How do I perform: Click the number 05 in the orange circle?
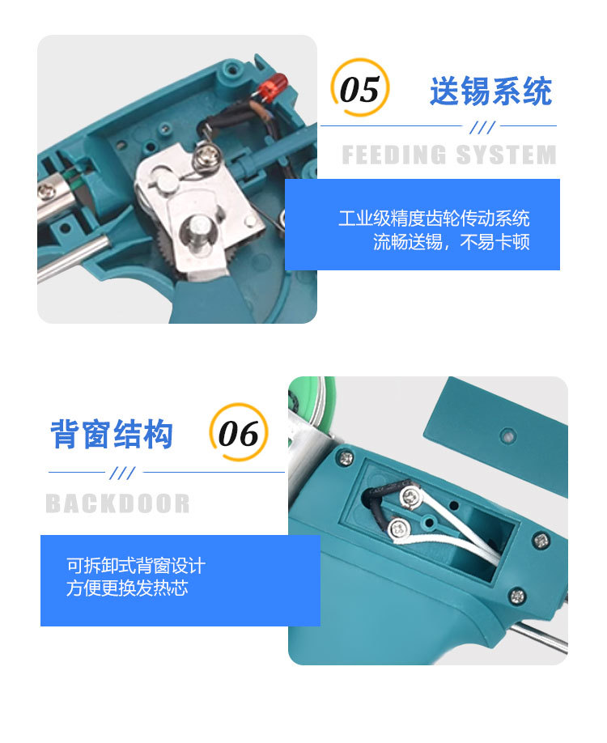point(360,90)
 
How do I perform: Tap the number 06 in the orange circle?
point(238,435)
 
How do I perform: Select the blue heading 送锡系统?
point(490,91)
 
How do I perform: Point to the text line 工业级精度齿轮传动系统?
point(434,219)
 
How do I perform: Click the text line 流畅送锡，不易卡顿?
point(451,242)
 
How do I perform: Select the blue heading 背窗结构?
point(112,435)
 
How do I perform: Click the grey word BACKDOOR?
point(117,503)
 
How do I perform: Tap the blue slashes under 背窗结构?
point(122,473)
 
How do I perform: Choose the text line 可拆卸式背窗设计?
point(136,565)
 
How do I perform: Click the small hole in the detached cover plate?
point(507,435)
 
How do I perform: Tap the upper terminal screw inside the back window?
point(414,496)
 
